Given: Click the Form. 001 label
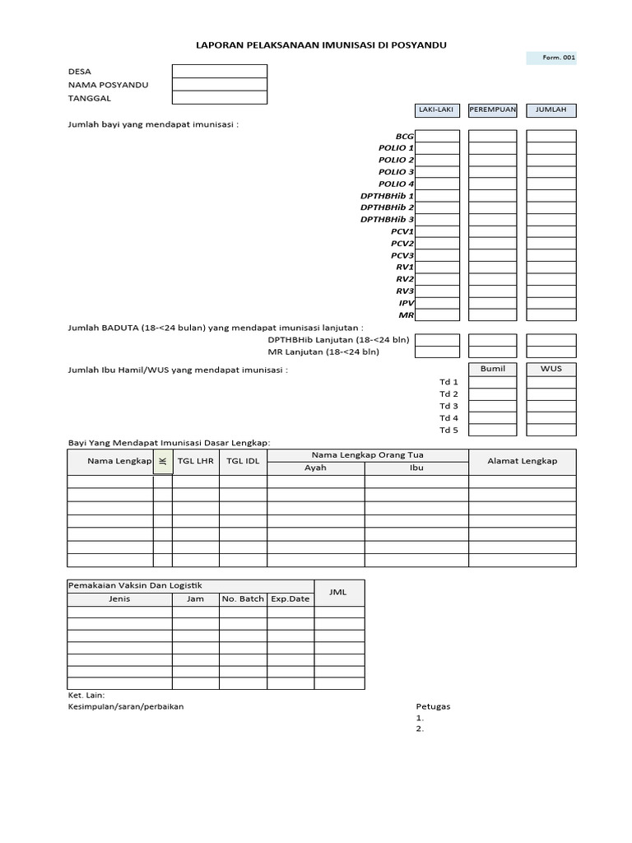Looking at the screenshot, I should (551, 58).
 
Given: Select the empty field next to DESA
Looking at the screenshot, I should (220, 72).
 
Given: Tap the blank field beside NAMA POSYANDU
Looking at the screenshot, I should (220, 85).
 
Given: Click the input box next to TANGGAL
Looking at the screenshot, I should (220, 98).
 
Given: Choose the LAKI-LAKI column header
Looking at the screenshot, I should (437, 110).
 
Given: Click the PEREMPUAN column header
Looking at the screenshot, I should (493, 110).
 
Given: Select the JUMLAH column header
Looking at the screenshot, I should (551, 110).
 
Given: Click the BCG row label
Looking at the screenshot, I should (404, 136).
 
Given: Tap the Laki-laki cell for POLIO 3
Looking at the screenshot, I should (437, 172).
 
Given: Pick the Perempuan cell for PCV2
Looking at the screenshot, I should (493, 244).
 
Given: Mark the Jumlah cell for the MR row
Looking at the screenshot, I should (551, 315).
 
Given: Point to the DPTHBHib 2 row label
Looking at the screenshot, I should (387, 207).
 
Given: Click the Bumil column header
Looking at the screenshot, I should (493, 369).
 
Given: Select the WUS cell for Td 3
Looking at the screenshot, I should (551, 406).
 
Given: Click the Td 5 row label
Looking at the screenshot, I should (448, 430).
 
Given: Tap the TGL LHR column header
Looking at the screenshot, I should (196, 461).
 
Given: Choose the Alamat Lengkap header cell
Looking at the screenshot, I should (523, 461).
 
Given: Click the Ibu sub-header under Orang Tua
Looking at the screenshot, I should (416, 468).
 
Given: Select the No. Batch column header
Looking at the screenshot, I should (243, 598).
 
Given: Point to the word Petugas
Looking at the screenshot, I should (433, 706).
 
